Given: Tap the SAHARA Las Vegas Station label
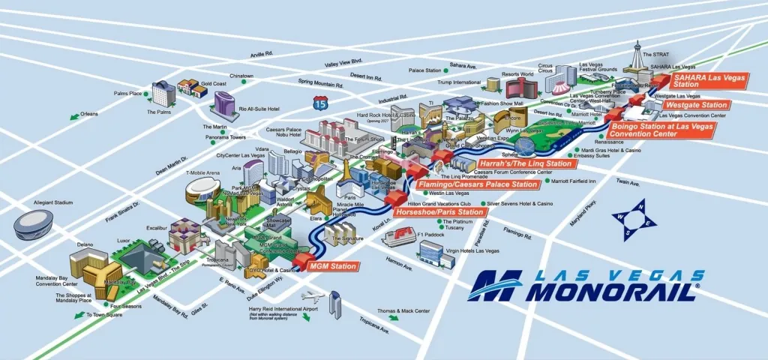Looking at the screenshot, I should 705,80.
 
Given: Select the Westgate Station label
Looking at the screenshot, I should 694,105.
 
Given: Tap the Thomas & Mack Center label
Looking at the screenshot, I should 403,310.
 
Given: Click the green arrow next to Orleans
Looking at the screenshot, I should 74,116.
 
